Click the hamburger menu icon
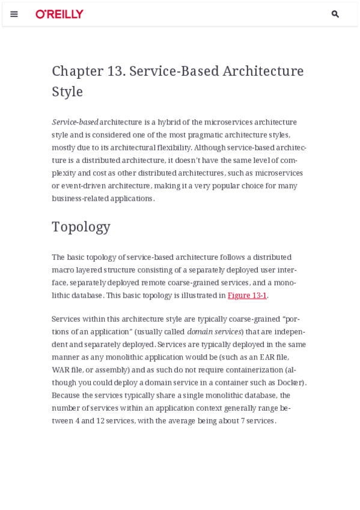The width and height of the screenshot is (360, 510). [14, 14]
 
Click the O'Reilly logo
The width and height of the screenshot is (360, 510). [59, 14]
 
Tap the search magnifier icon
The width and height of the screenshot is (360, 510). [335, 14]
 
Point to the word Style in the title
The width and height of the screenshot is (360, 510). [67, 92]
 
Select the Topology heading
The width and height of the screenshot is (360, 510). [81, 227]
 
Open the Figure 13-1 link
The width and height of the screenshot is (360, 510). [247, 295]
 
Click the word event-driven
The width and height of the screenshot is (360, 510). [83, 185]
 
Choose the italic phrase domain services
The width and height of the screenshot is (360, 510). [214, 332]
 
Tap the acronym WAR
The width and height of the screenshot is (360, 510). [61, 370]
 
